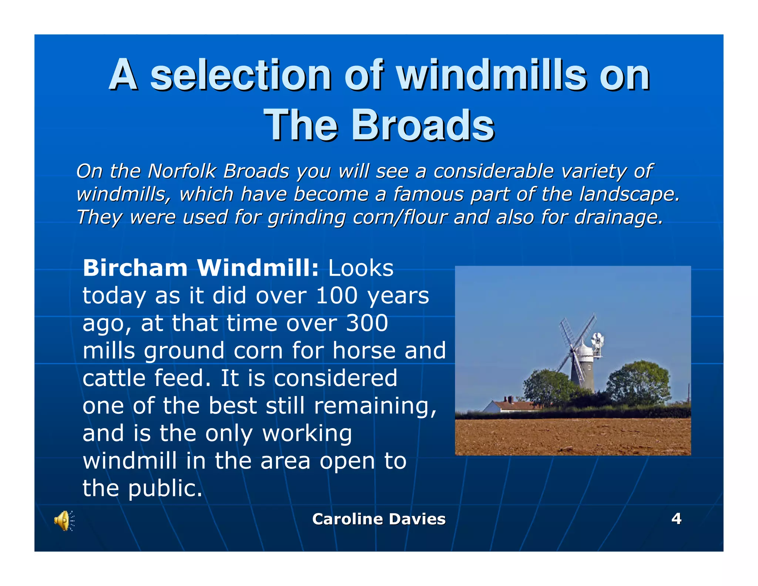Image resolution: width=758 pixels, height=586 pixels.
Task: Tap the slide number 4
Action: [676, 518]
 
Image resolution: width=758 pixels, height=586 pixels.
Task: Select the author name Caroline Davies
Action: [379, 519]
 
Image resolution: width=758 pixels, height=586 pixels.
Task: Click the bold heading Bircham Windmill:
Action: [200, 268]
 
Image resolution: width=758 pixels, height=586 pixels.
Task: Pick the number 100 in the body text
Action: [336, 296]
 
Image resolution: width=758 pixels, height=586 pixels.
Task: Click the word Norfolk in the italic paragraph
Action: [182, 171]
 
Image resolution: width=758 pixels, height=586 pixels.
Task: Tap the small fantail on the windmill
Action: [597, 340]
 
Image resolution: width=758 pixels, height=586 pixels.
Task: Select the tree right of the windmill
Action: [638, 383]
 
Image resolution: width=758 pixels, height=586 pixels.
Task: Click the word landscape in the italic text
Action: [629, 194]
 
